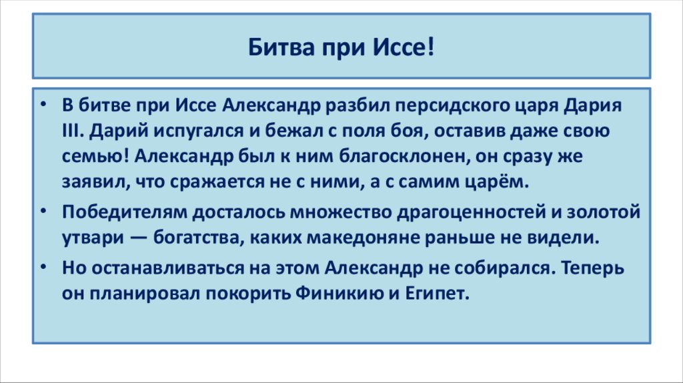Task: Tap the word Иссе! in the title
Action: tap(406, 48)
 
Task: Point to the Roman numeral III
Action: tap(72, 131)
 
